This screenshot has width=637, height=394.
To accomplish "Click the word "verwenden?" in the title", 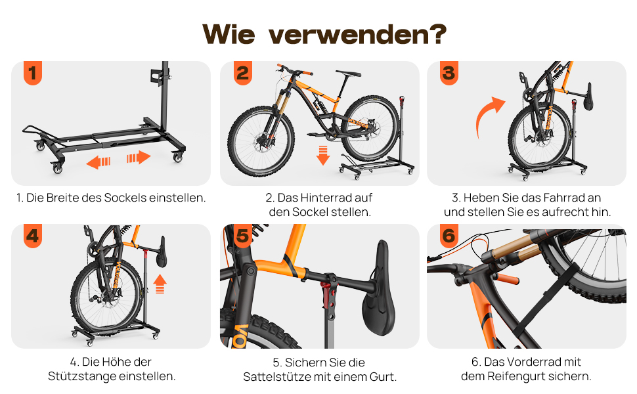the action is pyautogui.click(x=357, y=34).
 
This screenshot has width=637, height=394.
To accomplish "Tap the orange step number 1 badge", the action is pyautogui.click(x=33, y=73).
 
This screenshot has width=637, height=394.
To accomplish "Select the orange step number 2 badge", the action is pyautogui.click(x=243, y=73).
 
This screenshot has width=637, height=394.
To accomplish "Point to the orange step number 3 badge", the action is pyautogui.click(x=449, y=73).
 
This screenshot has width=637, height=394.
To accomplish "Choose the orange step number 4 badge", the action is pyautogui.click(x=33, y=236).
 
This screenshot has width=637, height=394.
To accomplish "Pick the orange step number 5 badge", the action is pyautogui.click(x=243, y=236).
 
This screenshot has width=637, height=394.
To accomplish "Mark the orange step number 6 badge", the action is pyautogui.click(x=449, y=236).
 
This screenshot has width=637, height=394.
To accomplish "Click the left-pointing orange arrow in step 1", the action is pyautogui.click(x=99, y=162).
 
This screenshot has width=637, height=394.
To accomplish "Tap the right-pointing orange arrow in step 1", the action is pyautogui.click(x=139, y=157).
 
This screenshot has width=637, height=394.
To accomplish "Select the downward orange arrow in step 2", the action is pyautogui.click(x=323, y=156).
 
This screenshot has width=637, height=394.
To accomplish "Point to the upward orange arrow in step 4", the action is pyautogui.click(x=160, y=284).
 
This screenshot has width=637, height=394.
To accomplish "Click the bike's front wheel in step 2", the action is pyautogui.click(x=261, y=141).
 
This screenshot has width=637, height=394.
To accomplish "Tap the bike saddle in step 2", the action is pyautogui.click(x=348, y=74).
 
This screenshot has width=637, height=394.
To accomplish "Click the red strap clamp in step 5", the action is pyautogui.click(x=326, y=294).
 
